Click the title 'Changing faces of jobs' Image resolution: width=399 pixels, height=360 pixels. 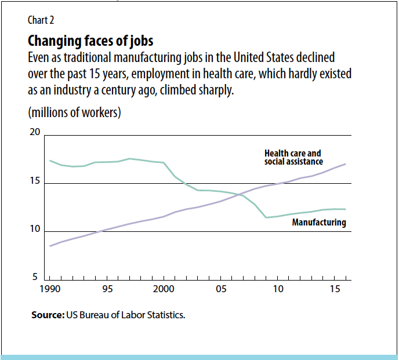(x=90, y=42)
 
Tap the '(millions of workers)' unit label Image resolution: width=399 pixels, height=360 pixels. (x=74, y=112)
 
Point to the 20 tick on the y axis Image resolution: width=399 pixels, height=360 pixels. (x=35, y=133)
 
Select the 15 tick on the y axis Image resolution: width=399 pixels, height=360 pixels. (x=35, y=181)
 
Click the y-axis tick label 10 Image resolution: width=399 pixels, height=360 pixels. (x=35, y=230)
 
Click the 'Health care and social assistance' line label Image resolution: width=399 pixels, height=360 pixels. (x=293, y=158)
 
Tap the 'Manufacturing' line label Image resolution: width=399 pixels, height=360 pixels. (x=319, y=223)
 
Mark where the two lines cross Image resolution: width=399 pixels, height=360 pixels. (x=238, y=195)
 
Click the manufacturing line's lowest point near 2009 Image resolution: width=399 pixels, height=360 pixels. (x=266, y=217)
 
